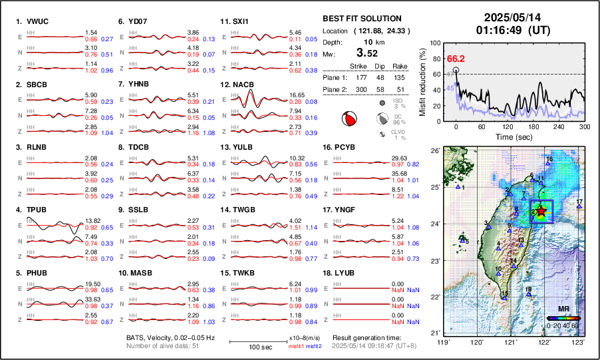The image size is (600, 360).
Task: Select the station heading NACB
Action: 241,85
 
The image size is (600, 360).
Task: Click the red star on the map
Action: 541,211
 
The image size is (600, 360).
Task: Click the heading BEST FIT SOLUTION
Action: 362,18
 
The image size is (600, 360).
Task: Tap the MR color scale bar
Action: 563,318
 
